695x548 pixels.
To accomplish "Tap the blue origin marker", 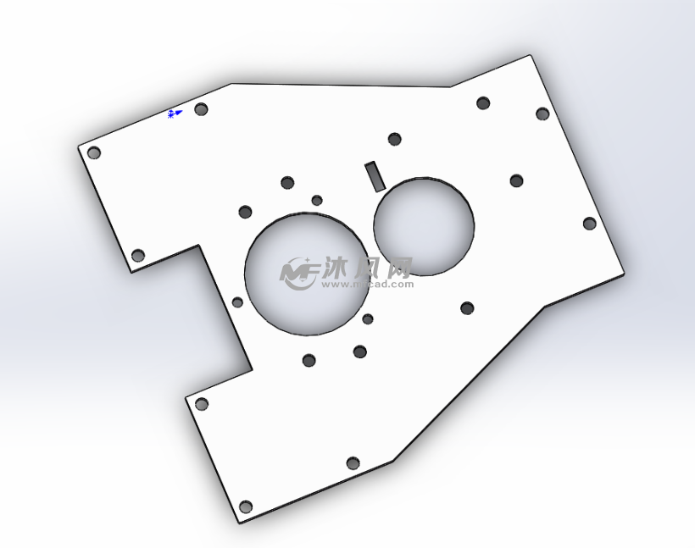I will coord(174,113).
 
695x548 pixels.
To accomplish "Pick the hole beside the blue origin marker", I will coord(201,109).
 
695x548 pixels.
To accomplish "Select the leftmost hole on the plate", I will coord(94,153).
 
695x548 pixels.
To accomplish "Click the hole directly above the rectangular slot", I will coord(394,139).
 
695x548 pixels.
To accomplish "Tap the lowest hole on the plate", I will coord(246,506).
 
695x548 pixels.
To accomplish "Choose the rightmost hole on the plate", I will coord(590,224).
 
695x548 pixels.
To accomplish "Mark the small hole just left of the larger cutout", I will coord(237,302).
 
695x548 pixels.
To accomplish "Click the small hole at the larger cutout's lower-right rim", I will coord(368,319).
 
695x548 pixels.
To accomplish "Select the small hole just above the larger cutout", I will coord(317,201).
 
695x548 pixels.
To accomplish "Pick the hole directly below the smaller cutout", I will coord(466,308).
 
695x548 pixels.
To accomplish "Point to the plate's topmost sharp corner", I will coord(531,56).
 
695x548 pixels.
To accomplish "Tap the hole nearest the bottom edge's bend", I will coord(353,463).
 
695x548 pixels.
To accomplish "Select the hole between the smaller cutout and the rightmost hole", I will coord(516,180).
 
